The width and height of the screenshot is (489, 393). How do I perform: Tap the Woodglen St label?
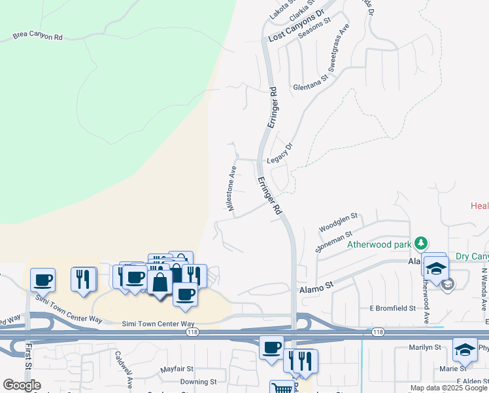point(338,222)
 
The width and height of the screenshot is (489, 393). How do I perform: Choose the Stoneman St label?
point(333,241)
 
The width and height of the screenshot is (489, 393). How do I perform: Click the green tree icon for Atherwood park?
point(421,243)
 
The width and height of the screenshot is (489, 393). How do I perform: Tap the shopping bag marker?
point(160,282)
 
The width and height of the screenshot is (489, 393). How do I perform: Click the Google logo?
point(22,385)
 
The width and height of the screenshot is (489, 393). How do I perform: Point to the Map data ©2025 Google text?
point(449,388)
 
